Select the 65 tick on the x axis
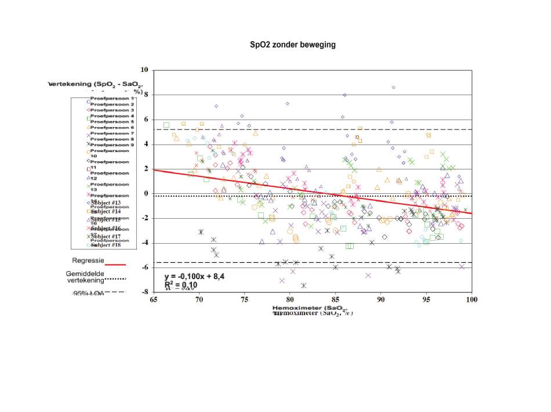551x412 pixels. pos(153,300)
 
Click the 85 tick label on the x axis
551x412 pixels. pos(335,300)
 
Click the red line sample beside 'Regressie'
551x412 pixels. pos(115,264)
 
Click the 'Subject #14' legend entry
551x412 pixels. pos(106,211)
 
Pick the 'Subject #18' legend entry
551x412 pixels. pos(106,244)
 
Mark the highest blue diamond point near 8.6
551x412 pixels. pos(394,87)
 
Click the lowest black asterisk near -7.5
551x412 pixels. pos(303,285)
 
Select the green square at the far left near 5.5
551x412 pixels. pos(166,125)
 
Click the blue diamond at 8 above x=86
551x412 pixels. pos(345,95)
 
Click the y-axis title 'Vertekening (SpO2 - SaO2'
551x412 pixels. pos(96,85)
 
